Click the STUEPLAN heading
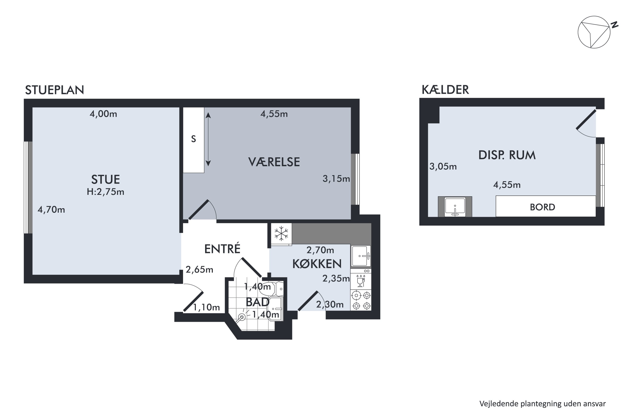coord(55,90)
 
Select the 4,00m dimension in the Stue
coord(103,114)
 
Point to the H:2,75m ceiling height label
coord(105,192)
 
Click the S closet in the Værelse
coord(193,140)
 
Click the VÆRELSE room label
coord(274,162)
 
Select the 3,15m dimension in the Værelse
coord(336,179)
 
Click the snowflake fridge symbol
coord(281,234)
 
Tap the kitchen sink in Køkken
coord(360,256)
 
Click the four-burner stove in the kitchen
coord(360,300)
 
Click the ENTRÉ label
coord(222,249)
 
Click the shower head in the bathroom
coord(242,317)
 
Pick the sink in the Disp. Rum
coord(455,207)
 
